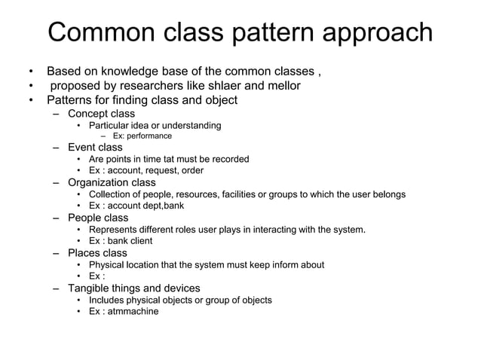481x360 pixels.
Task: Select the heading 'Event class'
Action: (x=95, y=148)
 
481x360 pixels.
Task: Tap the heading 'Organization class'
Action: (x=112, y=182)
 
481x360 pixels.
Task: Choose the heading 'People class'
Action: (x=98, y=218)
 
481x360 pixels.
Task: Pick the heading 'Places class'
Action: (x=97, y=253)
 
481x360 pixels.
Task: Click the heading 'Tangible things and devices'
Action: (x=133, y=288)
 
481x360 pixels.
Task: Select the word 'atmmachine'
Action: (x=135, y=312)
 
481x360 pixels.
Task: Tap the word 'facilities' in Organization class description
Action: (x=249, y=194)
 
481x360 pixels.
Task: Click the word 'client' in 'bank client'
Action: (x=139, y=241)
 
